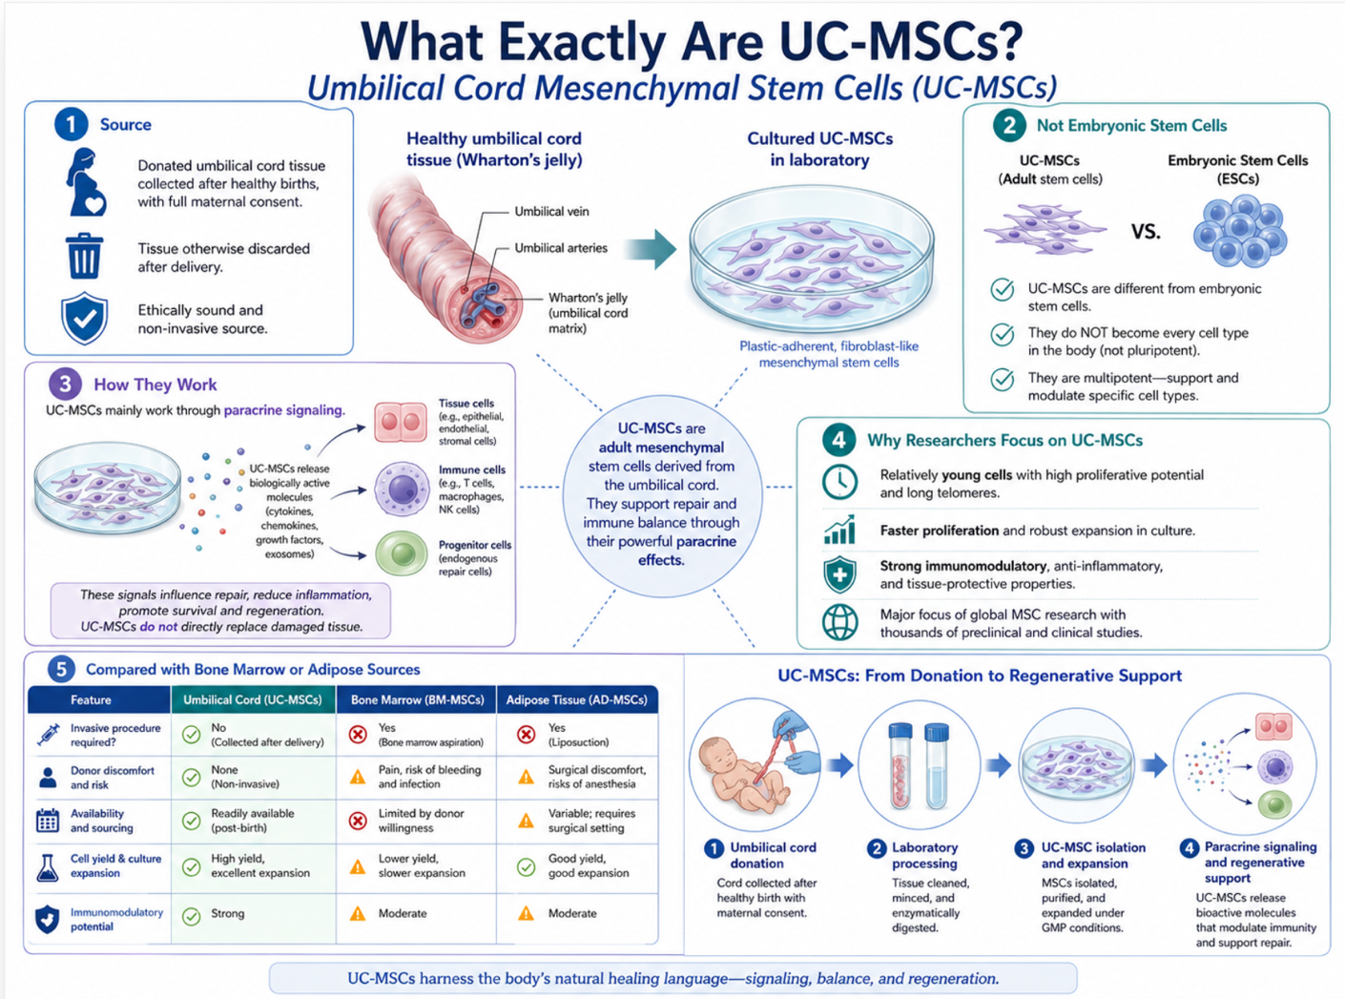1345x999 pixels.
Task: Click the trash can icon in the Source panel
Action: point(83,256)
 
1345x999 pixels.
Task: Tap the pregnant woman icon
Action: point(86,182)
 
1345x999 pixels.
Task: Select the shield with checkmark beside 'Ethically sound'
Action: point(84,318)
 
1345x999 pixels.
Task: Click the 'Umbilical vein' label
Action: point(551,212)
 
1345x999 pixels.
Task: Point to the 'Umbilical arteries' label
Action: point(560,248)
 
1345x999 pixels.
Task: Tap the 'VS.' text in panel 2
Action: point(1146,232)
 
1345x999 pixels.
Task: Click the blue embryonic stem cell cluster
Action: point(1239,231)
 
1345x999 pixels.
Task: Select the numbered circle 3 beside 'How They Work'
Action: point(66,385)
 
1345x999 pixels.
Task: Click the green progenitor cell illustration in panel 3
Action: point(402,553)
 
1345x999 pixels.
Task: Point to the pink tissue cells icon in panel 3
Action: point(401,422)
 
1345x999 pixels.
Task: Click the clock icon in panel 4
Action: point(839,483)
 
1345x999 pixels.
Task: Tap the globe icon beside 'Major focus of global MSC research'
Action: point(839,622)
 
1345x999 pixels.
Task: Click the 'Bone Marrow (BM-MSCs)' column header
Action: point(417,700)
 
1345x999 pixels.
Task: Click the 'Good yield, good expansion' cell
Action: point(577,866)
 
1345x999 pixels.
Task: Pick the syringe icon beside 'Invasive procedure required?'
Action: point(48,735)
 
